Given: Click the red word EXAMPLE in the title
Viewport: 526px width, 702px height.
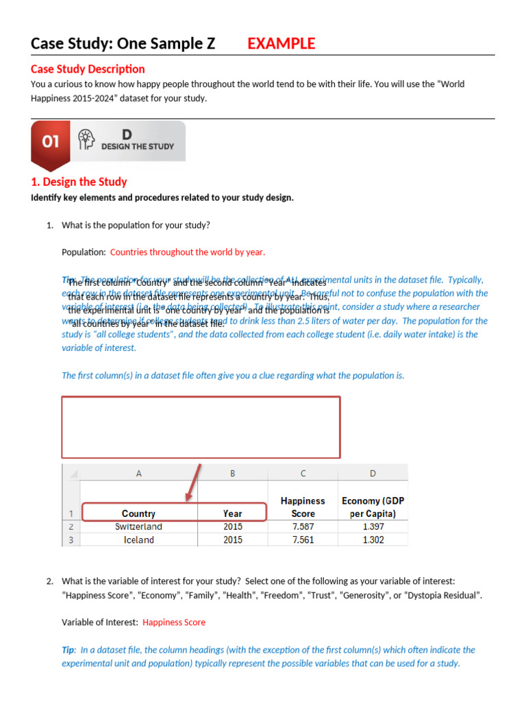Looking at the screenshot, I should pyautogui.click(x=281, y=44).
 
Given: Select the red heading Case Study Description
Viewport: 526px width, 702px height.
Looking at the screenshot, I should pyautogui.click(x=88, y=69).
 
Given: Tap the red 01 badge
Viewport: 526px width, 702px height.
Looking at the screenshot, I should pyautogui.click(x=51, y=141).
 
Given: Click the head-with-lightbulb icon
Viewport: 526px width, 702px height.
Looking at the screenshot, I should pyautogui.click(x=86, y=139).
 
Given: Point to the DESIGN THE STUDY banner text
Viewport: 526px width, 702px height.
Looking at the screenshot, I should pyautogui.click(x=138, y=146).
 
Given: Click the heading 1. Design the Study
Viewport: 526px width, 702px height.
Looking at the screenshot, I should pyautogui.click(x=79, y=182).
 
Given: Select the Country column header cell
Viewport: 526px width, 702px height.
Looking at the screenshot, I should pyautogui.click(x=138, y=513).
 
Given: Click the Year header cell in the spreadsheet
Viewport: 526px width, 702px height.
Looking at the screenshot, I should pyautogui.click(x=232, y=513).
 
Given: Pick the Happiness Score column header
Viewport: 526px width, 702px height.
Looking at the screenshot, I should pyautogui.click(x=303, y=507).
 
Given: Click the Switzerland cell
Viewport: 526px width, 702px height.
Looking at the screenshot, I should pyautogui.click(x=138, y=526).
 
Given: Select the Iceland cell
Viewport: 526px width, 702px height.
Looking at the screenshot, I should pyautogui.click(x=138, y=540).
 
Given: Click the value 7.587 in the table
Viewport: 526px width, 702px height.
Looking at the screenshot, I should pyautogui.click(x=303, y=526).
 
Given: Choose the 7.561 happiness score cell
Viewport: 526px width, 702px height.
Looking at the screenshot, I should pyautogui.click(x=303, y=540).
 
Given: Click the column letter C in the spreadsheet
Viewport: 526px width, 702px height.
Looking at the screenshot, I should pyautogui.click(x=303, y=473).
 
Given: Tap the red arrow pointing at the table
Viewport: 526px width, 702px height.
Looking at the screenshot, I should pyautogui.click(x=194, y=482).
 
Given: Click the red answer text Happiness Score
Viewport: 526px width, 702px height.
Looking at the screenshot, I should pyautogui.click(x=174, y=622).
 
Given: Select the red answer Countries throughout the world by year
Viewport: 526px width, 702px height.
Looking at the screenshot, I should pyautogui.click(x=187, y=252).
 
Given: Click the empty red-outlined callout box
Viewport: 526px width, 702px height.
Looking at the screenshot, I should pyautogui.click(x=201, y=426).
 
